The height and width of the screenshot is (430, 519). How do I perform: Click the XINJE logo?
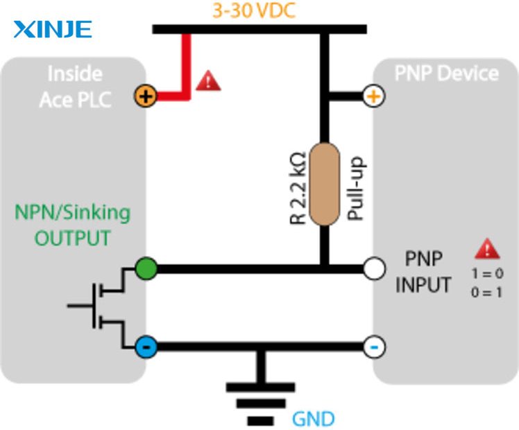[x=52, y=29]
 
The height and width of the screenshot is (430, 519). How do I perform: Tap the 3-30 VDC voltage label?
[x=253, y=10]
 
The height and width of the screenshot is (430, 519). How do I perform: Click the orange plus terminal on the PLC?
[x=145, y=96]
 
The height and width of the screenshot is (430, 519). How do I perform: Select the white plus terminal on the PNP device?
[x=374, y=96]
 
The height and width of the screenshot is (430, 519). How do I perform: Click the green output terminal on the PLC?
[x=146, y=268]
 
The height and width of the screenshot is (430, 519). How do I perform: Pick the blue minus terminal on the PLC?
[x=146, y=347]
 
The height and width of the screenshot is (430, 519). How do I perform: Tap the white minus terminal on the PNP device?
[x=375, y=347]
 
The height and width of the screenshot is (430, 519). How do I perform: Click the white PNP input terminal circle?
[x=375, y=268]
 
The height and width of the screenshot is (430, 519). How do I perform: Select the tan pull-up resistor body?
[x=325, y=184]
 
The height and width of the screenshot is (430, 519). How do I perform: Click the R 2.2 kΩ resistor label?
[x=298, y=188]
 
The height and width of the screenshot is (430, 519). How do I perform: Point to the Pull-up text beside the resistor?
[x=355, y=188]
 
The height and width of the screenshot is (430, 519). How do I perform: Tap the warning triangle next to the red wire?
[x=208, y=80]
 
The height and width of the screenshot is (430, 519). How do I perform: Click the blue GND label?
[x=313, y=419]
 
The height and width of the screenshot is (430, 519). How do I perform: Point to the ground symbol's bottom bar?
[x=260, y=421]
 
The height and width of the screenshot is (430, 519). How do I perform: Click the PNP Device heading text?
[x=447, y=73]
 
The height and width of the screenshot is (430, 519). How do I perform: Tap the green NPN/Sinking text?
[x=72, y=212]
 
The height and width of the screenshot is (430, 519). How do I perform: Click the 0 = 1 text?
[x=486, y=293]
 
